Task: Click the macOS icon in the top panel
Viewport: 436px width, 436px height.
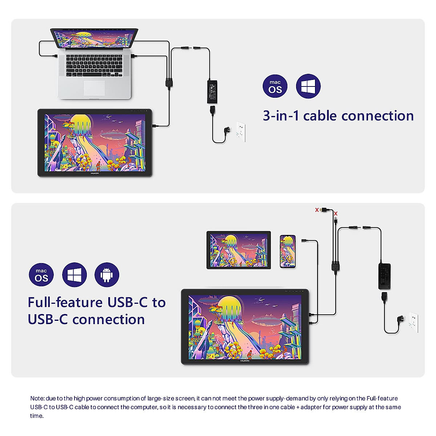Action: [x=275, y=86]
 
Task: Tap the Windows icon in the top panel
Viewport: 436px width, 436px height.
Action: [x=308, y=86]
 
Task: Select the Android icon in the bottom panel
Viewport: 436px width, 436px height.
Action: [x=107, y=275]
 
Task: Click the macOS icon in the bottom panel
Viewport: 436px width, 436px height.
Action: [x=41, y=275]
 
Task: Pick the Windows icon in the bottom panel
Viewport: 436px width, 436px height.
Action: [x=74, y=275]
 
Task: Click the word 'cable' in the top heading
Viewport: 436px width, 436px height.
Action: [x=320, y=116]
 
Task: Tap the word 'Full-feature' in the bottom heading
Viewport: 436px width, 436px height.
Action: [x=65, y=302]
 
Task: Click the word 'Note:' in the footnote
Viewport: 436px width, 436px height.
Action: [x=37, y=399]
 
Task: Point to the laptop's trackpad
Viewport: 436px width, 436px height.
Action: [x=94, y=88]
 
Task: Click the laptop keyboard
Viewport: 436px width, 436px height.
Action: [x=94, y=66]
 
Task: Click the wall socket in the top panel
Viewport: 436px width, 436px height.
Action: [x=241, y=131]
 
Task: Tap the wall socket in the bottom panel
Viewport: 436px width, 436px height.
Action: [x=413, y=322]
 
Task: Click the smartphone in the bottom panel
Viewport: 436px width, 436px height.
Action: [x=287, y=251]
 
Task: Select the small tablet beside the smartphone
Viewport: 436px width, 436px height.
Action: [x=239, y=250]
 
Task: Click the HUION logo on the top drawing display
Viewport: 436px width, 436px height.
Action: [x=94, y=173]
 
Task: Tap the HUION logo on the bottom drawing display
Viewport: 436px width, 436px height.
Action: [x=245, y=361]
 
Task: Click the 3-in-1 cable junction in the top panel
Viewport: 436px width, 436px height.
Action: [x=169, y=82]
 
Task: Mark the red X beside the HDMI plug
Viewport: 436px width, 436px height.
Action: [x=317, y=210]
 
